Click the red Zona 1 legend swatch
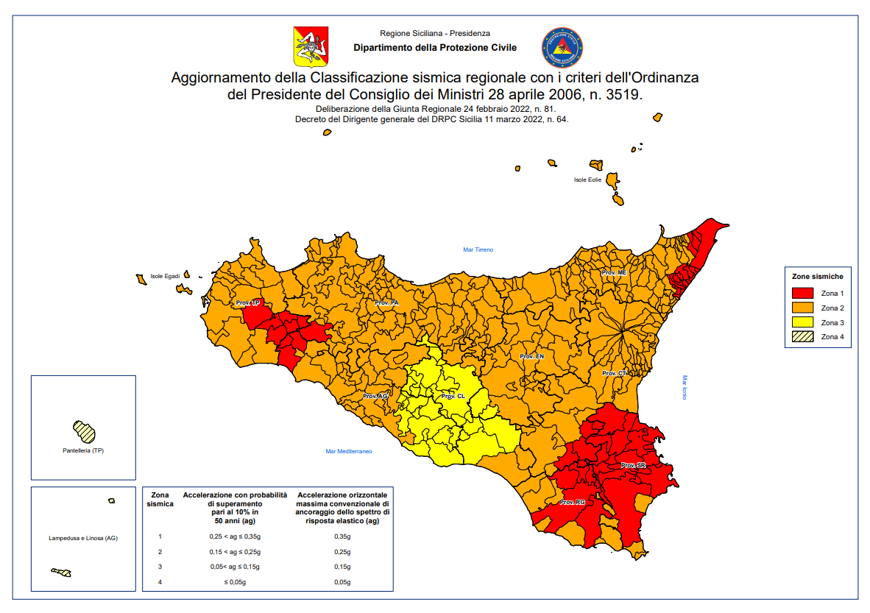[x=804, y=294]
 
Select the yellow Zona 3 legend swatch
[x=804, y=322]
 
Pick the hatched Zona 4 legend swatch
[x=804, y=337]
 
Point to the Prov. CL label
[x=453, y=397]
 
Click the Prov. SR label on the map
[x=633, y=466]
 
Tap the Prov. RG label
[x=572, y=503]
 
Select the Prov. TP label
[x=248, y=303]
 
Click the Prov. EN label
[x=531, y=356]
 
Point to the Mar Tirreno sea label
[x=478, y=249]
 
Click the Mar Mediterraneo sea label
[x=349, y=451]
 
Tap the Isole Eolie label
[x=587, y=180]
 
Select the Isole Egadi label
[x=165, y=276]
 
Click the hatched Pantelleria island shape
[x=85, y=430]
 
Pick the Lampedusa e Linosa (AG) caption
[x=83, y=538]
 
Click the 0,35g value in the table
[x=342, y=537]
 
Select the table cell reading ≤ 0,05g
[x=234, y=582]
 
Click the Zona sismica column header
[x=160, y=500]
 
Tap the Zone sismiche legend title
[x=817, y=277]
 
